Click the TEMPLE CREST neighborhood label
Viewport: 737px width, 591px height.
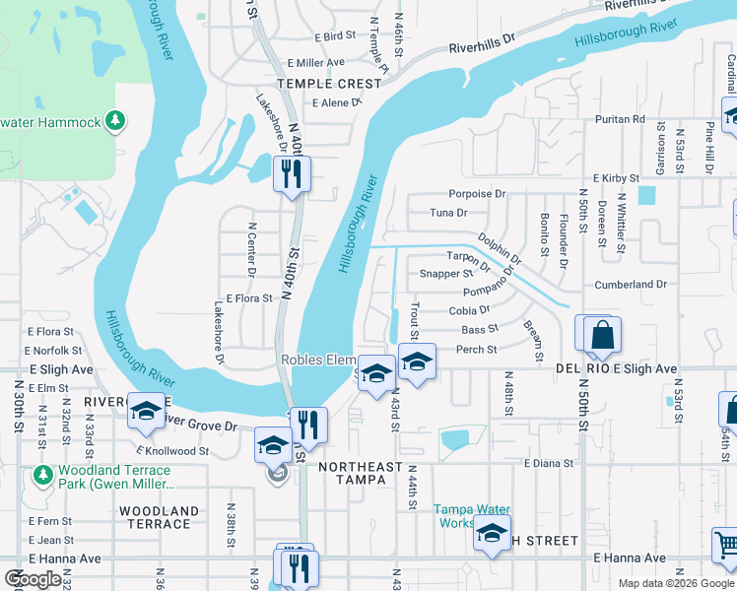tap(328, 84)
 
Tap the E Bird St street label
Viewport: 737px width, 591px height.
tap(335, 36)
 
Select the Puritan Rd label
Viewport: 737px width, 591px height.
tap(619, 119)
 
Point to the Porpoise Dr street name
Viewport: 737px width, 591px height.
tap(476, 194)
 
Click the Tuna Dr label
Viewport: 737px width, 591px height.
tap(448, 213)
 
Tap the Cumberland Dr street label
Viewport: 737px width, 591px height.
tap(631, 285)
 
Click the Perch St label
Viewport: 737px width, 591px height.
tap(476, 350)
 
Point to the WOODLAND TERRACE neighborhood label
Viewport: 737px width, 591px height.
tap(159, 518)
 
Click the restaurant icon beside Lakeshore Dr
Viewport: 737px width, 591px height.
tap(293, 174)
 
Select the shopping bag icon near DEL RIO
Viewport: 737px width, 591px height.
tap(603, 336)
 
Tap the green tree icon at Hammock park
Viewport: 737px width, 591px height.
tap(116, 121)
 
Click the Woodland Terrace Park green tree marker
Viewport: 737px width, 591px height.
tap(41, 476)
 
